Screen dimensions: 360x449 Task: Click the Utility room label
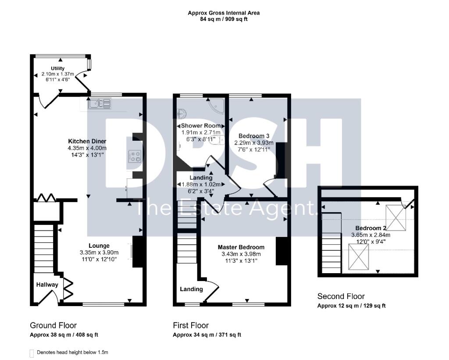pos(57,68)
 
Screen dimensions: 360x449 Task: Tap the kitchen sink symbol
pos(100,104)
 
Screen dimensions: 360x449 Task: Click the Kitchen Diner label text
pos(87,141)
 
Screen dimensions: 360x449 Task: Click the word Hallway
pos(47,285)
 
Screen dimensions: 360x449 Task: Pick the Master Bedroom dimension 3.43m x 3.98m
pos(241,254)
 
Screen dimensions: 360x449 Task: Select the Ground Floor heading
pos(53,325)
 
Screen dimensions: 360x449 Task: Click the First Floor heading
pos(191,325)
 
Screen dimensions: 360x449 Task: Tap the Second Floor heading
pos(341,296)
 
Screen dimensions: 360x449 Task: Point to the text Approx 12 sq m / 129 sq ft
pos(351,306)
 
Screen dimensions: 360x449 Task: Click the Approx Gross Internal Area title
pos(224,13)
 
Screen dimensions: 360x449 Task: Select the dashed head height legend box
pos(32,353)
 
